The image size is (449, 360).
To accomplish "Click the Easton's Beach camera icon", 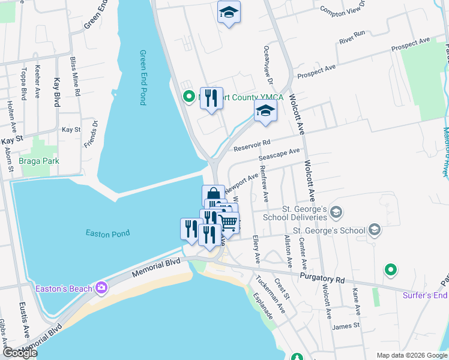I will click(101, 289).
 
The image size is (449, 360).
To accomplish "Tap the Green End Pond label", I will click(143, 77).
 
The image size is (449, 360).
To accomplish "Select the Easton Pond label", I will click(109, 233).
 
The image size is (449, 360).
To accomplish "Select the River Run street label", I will click(352, 37).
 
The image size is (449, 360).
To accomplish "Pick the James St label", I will click(345, 326).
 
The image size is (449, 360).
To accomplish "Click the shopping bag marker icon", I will click(213, 194).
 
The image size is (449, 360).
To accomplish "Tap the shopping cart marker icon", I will click(229, 223).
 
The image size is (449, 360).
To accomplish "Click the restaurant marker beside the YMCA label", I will click(211, 97).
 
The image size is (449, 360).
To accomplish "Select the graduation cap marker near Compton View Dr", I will click(229, 12).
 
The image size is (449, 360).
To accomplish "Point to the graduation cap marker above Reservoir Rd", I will click(265, 111).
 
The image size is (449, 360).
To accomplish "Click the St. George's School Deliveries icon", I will click(336, 211).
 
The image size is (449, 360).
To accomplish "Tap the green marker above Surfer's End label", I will click(391, 271).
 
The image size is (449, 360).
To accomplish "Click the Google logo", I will click(20, 353).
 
